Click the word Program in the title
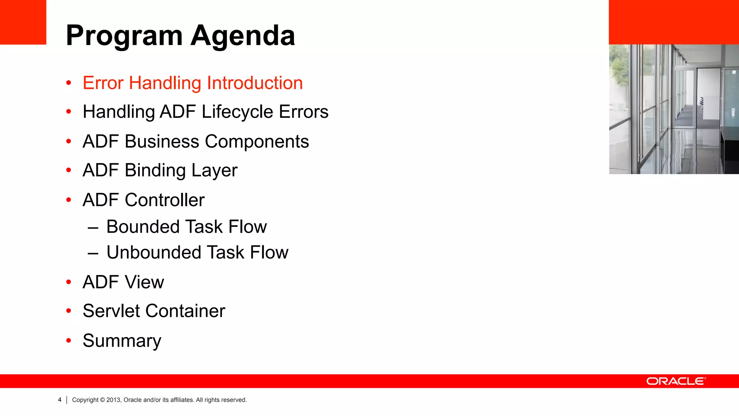pos(124,36)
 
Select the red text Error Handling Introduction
pos(192,83)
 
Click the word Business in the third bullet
pos(162,141)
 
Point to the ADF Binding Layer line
pos(160,170)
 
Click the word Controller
pos(165,200)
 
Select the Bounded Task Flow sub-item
pos(186,227)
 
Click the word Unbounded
pos(153,252)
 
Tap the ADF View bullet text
pos(123,282)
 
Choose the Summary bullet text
pos(122,341)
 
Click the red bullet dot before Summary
pos(69,340)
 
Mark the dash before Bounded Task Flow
pos(93,228)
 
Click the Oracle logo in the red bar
pos(675,381)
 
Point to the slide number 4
pos(60,400)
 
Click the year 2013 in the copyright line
pos(113,400)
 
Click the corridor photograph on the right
pos(674,109)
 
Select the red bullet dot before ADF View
pos(69,282)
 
